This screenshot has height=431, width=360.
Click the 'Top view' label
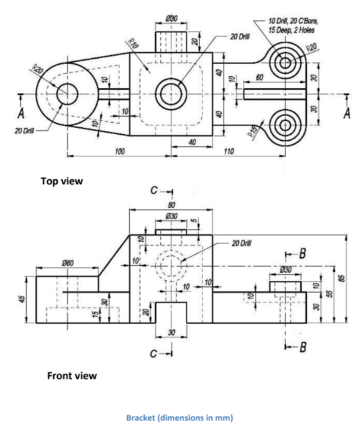pyautogui.click(x=65, y=180)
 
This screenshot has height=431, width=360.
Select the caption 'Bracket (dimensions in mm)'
pyautogui.click(x=180, y=417)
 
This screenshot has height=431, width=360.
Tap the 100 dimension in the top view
pyautogui.click(x=119, y=152)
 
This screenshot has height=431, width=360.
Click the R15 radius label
pyautogui.click(x=254, y=133)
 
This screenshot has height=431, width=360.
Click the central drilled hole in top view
pyautogui.click(x=171, y=93)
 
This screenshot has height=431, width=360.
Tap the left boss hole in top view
pyautogui.click(x=67, y=94)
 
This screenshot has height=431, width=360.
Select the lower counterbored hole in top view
pyautogui.click(x=285, y=125)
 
